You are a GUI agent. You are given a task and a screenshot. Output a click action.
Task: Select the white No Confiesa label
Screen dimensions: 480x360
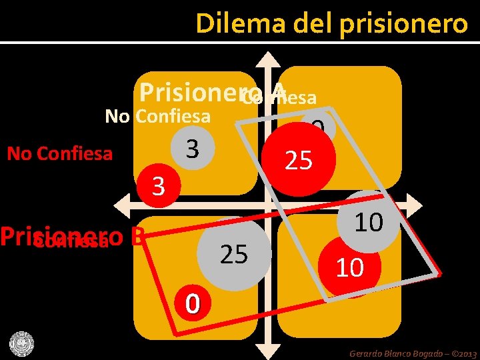click(158, 117)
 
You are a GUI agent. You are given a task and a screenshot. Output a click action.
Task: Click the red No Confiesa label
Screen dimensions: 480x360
click(59, 154)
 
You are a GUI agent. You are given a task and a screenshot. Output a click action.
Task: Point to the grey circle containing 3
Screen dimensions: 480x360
click(192, 148)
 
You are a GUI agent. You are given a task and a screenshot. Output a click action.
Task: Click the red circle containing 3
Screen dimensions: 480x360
click(158, 186)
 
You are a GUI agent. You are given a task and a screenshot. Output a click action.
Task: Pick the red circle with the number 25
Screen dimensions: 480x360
click(299, 161)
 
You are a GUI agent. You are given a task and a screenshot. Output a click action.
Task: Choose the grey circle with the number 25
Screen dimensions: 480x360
click(234, 254)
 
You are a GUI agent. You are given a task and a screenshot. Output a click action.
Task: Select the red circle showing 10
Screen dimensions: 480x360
click(350, 267)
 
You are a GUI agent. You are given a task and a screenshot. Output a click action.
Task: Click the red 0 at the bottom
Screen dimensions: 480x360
click(193, 303)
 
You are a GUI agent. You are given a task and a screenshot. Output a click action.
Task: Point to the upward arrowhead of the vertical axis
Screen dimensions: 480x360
click(271, 59)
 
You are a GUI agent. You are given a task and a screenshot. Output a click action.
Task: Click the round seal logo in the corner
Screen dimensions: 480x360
click(21, 343)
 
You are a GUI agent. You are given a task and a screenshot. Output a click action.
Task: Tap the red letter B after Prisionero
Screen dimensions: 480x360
click(138, 236)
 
